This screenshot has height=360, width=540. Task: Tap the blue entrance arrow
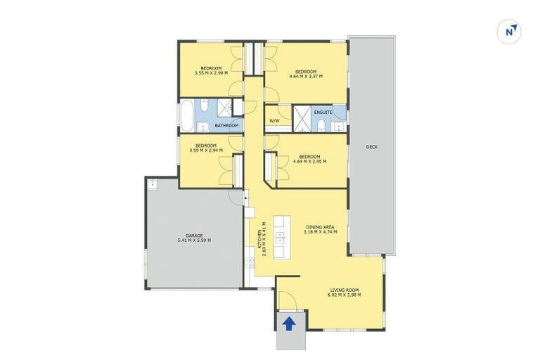(x=288, y=323)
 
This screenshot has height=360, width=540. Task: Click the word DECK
(x=373, y=147)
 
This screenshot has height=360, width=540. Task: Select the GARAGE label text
(x=194, y=236)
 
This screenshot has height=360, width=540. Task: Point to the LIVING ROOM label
(x=345, y=290)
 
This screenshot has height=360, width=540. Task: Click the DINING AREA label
(x=319, y=227)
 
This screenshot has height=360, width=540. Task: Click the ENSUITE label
(x=323, y=112)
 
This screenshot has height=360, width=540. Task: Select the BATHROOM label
(x=226, y=126)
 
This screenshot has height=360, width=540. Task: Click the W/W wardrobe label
(x=274, y=120)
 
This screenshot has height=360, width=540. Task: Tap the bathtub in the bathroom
(x=188, y=117)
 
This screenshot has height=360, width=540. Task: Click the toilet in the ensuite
(x=321, y=125)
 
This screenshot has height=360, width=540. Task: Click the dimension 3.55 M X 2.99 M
(x=211, y=72)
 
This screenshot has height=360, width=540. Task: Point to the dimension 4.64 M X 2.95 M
(x=309, y=161)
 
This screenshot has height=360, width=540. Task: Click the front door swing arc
(x=289, y=301)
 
